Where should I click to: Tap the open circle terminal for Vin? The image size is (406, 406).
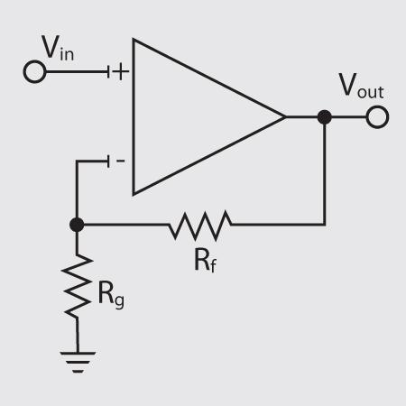point(33,72)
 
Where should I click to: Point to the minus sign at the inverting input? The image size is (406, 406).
point(121,161)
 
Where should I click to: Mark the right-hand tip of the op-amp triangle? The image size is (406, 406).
point(284,117)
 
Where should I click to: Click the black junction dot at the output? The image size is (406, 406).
point(324,117)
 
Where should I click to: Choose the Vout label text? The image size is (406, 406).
point(359,88)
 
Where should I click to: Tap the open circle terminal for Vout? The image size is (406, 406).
point(377,117)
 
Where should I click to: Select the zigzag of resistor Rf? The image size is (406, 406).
point(199,224)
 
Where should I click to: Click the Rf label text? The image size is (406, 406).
point(204,260)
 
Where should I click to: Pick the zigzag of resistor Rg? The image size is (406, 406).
point(78,286)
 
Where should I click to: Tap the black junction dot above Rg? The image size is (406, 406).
point(78,224)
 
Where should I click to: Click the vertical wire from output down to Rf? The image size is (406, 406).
point(324,171)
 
